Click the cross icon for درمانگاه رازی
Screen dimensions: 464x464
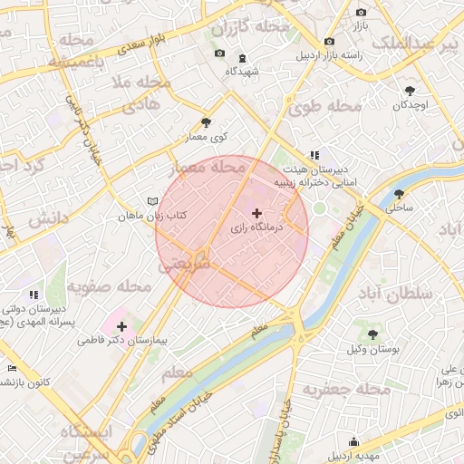(256, 213)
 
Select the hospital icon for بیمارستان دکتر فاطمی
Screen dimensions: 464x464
(122, 325)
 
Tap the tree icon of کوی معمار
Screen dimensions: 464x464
(207, 122)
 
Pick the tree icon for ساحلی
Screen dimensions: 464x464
(400, 193)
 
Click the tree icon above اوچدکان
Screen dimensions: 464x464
(410, 90)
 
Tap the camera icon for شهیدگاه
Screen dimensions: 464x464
(219, 54)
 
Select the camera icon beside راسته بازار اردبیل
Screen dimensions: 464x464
(328, 41)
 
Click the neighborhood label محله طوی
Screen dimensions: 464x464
(324, 107)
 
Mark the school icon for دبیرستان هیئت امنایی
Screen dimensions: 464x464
(314, 155)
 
